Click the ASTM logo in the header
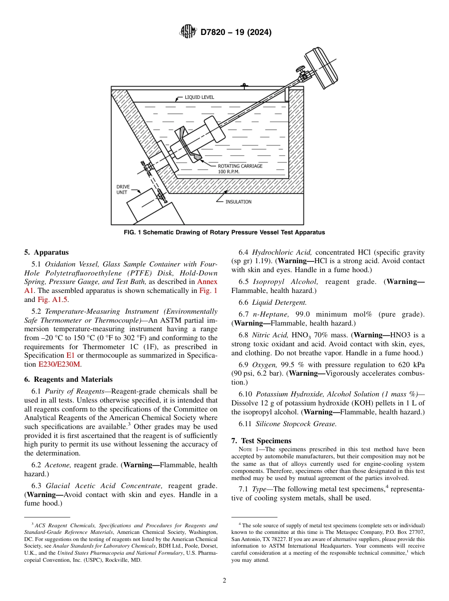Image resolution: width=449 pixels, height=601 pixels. click(x=188, y=32)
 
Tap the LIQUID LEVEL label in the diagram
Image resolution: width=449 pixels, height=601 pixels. click(x=199, y=97)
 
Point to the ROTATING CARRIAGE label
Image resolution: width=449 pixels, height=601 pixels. click(x=240, y=166)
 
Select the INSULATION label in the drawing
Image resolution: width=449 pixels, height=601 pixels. click(x=238, y=202)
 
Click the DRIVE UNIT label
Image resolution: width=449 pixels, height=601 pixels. click(x=123, y=189)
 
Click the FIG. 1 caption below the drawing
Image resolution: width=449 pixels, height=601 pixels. click(x=224, y=232)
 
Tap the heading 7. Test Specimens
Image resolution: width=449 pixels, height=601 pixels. click(x=261, y=441)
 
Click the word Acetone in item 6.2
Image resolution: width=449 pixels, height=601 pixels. click(x=58, y=465)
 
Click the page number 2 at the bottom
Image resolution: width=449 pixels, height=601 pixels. click(x=224, y=580)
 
